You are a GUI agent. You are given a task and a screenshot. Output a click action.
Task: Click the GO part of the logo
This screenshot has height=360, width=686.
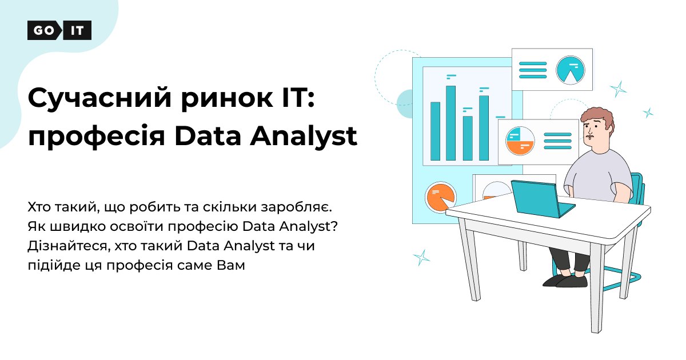[x=43, y=30]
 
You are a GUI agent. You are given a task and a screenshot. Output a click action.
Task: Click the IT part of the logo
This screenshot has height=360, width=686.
[x=77, y=30]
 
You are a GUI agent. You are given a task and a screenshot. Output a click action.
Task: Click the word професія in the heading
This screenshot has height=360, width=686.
[x=97, y=137]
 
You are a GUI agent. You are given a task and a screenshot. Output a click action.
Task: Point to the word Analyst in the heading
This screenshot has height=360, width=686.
[x=304, y=136]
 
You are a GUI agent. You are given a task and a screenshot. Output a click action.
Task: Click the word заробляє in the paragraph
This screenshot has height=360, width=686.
[x=296, y=207]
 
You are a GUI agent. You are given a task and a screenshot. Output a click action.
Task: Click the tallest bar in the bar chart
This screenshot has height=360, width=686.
[x=450, y=123]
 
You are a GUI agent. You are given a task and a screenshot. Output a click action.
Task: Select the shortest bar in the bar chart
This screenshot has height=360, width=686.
[x=468, y=138]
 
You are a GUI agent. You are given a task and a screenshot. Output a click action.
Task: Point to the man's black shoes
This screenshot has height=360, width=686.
[x=565, y=281]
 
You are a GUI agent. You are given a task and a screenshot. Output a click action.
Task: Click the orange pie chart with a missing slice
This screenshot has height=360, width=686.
[x=440, y=197]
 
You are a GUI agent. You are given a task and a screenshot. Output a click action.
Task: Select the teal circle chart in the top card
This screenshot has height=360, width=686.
[x=571, y=70]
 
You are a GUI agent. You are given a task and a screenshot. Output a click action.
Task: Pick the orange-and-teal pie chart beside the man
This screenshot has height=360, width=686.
[x=520, y=141]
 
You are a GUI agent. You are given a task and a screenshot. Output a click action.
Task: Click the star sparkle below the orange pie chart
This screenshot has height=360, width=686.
[x=422, y=258]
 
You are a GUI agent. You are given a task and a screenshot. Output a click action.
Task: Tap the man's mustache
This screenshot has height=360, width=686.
[x=589, y=136]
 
